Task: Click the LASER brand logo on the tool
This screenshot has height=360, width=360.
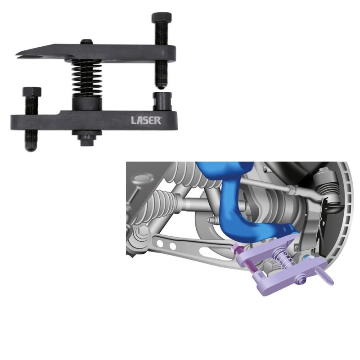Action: click(146, 120)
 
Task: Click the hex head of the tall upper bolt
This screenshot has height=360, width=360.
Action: click(161, 17)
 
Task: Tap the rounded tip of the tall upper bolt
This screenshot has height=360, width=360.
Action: click(162, 87)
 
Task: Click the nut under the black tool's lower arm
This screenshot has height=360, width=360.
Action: click(87, 139)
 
